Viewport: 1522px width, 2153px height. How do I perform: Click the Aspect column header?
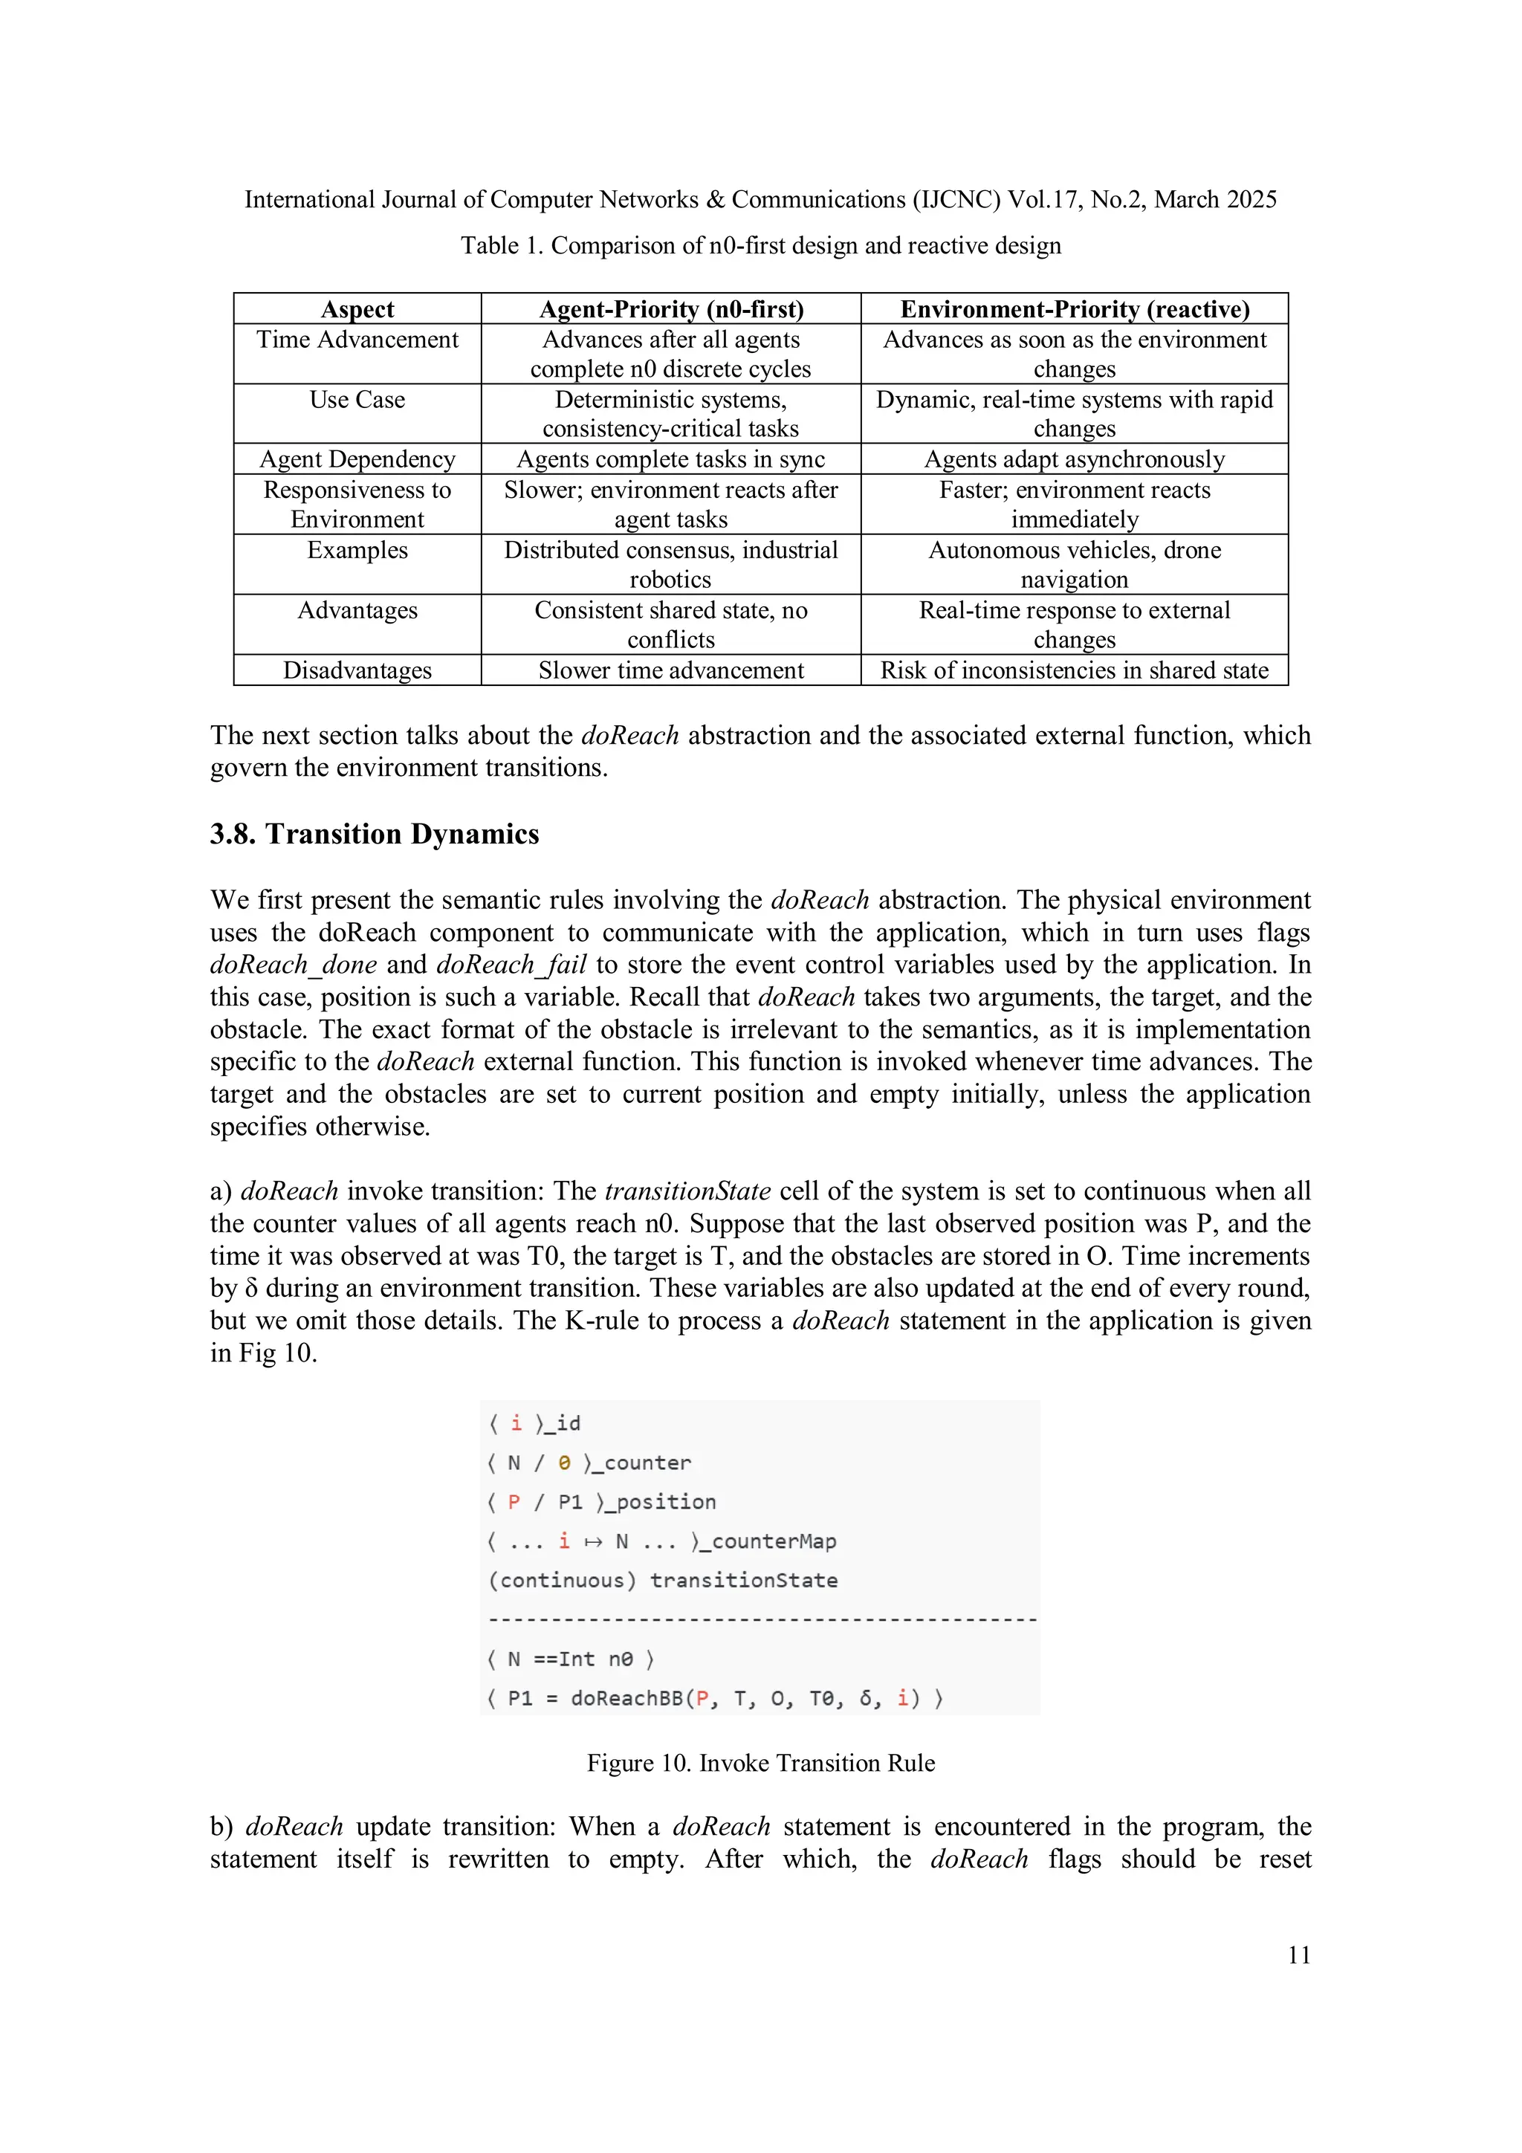pyautogui.click(x=357, y=309)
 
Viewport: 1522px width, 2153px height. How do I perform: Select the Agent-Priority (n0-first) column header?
pyautogui.click(x=670, y=309)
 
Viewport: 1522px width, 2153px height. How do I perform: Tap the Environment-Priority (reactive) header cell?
pyautogui.click(x=1074, y=309)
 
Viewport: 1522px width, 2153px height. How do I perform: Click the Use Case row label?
pyautogui.click(x=357, y=400)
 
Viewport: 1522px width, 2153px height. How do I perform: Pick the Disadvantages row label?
pyautogui.click(x=357, y=670)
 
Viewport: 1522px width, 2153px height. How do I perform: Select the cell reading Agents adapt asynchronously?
pyautogui.click(x=1074, y=459)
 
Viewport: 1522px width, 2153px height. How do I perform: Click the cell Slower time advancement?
pyautogui.click(x=670, y=670)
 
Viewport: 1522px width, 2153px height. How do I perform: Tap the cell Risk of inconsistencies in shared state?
pyautogui.click(x=1074, y=670)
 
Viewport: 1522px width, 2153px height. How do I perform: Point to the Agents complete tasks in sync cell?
pyautogui.click(x=670, y=459)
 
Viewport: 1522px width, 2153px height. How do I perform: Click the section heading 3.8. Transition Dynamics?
pyautogui.click(x=374, y=834)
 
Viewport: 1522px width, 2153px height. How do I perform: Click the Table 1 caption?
pyautogui.click(x=760, y=246)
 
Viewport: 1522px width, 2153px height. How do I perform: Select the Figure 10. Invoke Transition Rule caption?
pyautogui.click(x=760, y=1763)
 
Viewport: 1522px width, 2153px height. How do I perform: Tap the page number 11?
pyautogui.click(x=1299, y=1955)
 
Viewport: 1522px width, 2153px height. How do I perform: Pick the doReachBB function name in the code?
pyautogui.click(x=626, y=1698)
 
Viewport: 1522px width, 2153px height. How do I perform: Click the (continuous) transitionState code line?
pyautogui.click(x=662, y=1580)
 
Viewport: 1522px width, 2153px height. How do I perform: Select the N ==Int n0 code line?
pyautogui.click(x=570, y=1659)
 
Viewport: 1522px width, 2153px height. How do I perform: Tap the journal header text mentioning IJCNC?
pyautogui.click(x=760, y=200)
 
